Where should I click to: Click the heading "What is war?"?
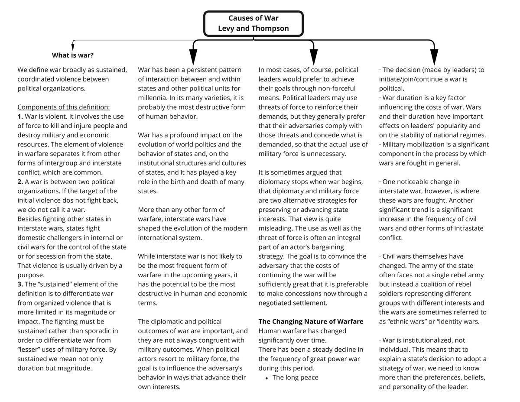click(72, 55)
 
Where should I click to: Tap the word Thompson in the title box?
click(269, 29)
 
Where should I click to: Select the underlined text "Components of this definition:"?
click(64, 107)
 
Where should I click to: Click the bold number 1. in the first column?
click(20, 117)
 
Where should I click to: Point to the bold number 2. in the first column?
click(20, 182)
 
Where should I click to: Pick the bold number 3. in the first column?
click(20, 284)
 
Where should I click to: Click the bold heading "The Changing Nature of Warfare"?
click(311, 321)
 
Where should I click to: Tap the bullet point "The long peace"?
click(295, 377)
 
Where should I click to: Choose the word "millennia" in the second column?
click(152, 98)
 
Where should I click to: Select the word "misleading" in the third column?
click(275, 228)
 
